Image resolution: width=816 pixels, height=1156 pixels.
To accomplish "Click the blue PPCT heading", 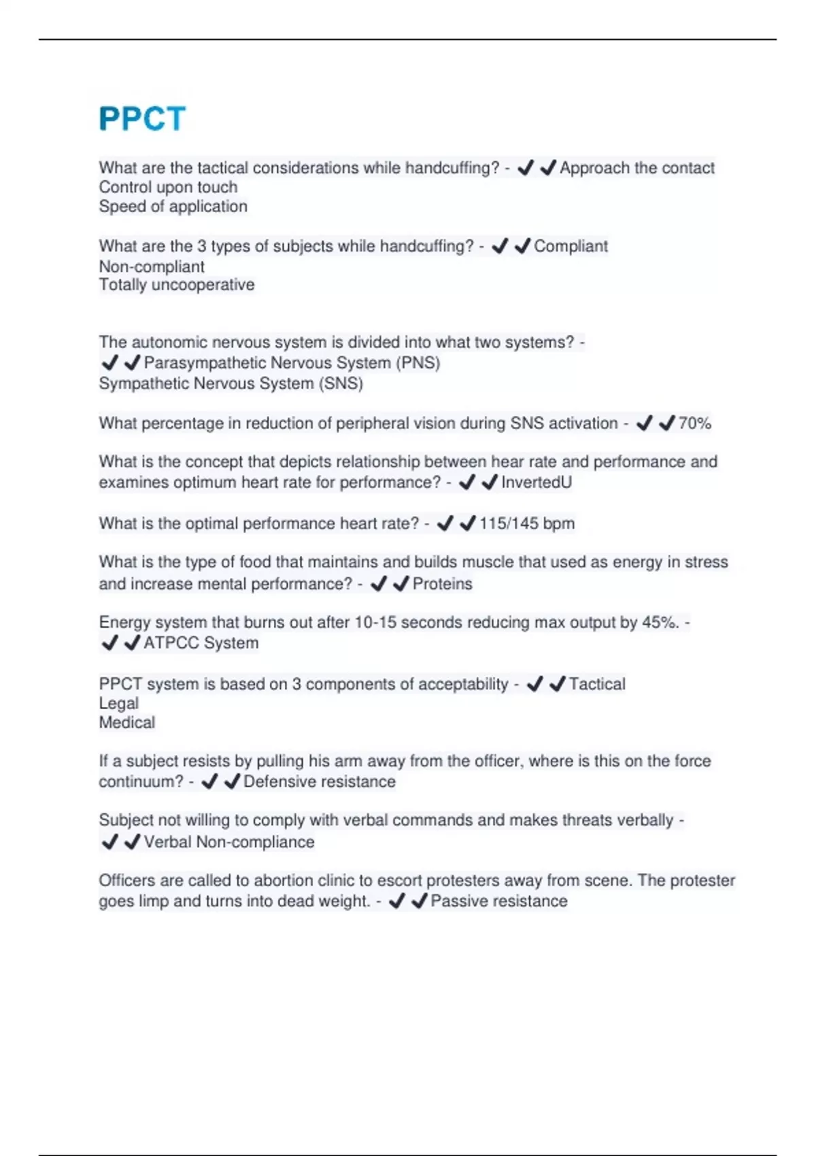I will click(x=142, y=119).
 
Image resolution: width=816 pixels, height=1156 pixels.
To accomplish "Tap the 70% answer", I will click(x=694, y=424).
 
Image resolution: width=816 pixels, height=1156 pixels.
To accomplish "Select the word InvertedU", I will click(x=536, y=483).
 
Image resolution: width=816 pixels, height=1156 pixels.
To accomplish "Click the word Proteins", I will click(x=442, y=584).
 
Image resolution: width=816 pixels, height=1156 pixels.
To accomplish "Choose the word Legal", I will click(x=119, y=704).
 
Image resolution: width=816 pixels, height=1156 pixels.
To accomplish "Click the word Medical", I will click(x=127, y=723).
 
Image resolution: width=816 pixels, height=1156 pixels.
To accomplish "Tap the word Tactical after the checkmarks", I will click(x=597, y=684).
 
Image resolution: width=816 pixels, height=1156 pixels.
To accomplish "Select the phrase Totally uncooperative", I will click(x=177, y=285).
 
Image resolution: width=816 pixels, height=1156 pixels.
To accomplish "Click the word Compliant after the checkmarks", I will click(x=571, y=246).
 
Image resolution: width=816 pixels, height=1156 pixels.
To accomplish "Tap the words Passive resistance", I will click(x=499, y=902).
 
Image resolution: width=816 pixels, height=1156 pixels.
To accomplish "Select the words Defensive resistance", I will click(x=320, y=782).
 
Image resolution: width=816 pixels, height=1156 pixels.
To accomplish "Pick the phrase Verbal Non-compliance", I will click(x=229, y=843).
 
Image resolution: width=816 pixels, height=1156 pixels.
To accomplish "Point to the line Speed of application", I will click(x=173, y=207).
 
